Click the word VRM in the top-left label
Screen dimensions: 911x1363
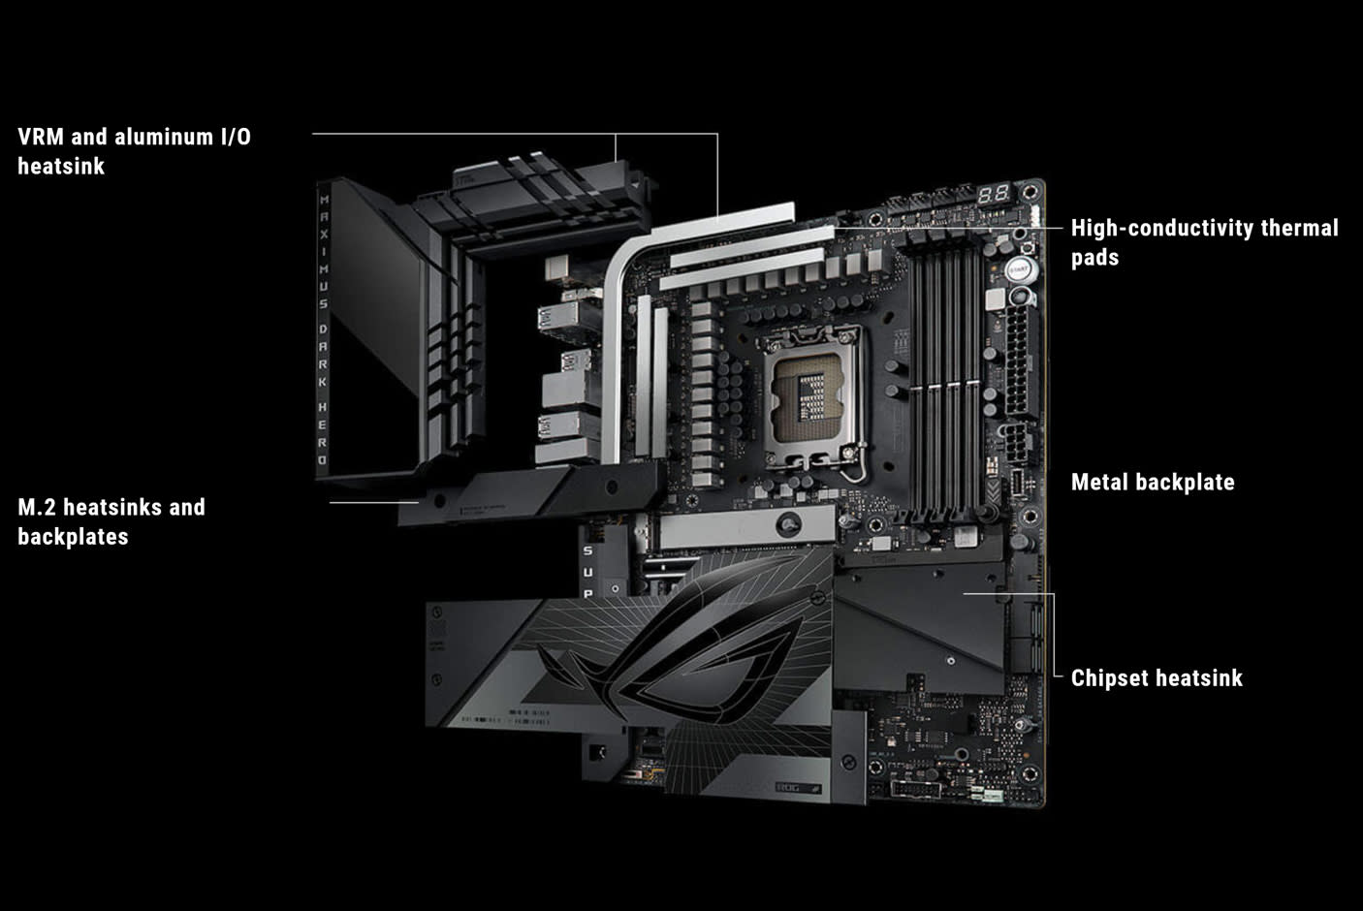click(40, 137)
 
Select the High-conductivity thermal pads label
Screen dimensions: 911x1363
click(1204, 242)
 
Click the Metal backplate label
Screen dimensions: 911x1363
click(1152, 483)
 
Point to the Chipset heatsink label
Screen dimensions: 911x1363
click(1156, 678)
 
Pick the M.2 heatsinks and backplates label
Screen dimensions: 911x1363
click(111, 521)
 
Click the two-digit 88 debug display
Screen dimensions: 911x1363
click(993, 194)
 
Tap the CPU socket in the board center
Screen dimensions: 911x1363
click(814, 393)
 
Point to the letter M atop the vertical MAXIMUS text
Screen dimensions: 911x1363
click(324, 201)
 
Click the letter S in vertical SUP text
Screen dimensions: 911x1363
click(587, 550)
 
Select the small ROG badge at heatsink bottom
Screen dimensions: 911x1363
click(797, 787)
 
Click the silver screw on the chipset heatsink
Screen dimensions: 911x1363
click(951, 661)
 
